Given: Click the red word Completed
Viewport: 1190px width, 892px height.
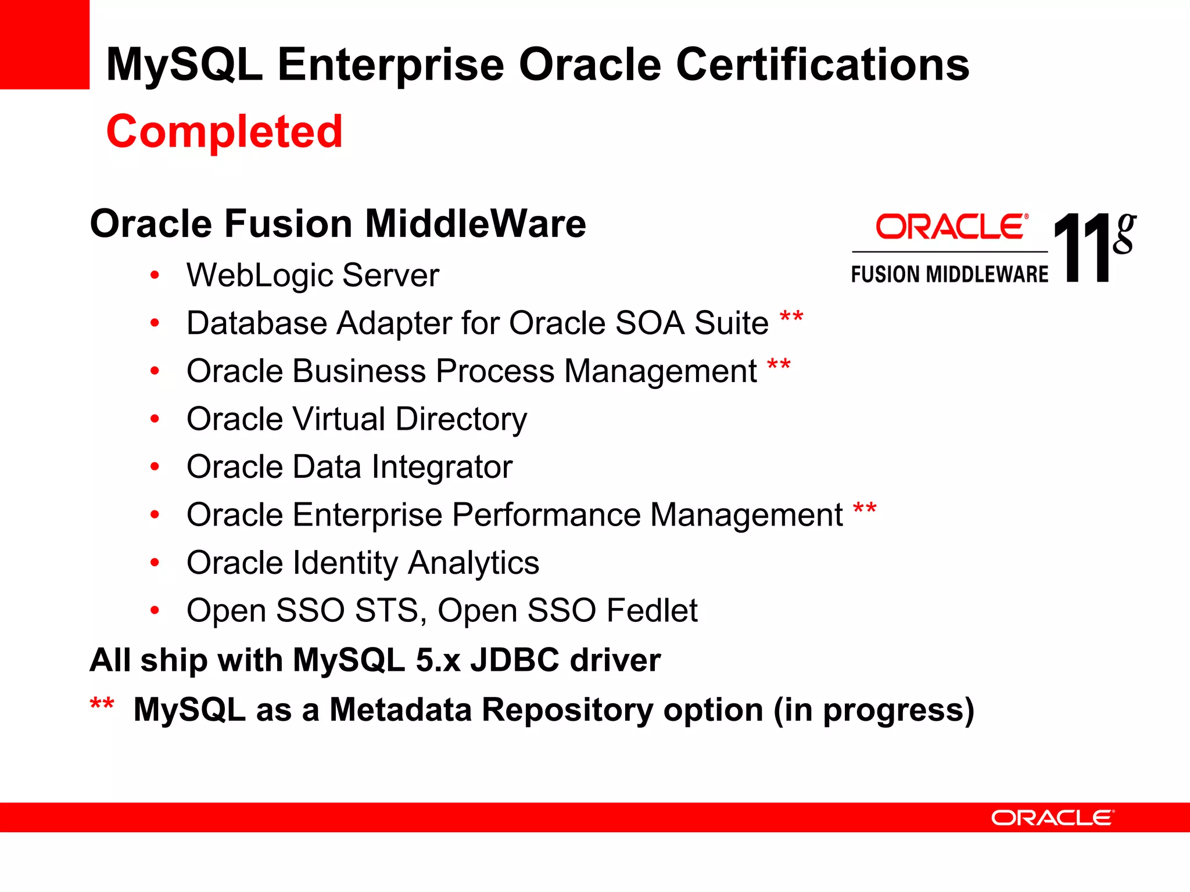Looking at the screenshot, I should click(x=224, y=132).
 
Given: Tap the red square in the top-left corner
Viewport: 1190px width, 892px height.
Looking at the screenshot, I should click(x=44, y=44).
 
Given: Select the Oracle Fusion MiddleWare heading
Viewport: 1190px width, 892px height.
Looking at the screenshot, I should click(x=338, y=224).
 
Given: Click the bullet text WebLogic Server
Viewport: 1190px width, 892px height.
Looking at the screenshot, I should click(x=313, y=275).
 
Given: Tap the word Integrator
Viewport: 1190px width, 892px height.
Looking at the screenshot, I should click(x=442, y=467).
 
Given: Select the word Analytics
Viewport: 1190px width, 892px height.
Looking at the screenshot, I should click(x=473, y=563).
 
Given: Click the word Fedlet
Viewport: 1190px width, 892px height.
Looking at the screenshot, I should click(x=652, y=611).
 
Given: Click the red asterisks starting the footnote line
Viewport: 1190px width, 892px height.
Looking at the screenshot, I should click(x=102, y=704).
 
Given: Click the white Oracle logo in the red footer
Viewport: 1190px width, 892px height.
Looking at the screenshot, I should click(x=1052, y=818).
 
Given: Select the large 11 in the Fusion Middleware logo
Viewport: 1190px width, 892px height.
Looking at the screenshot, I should click(x=1081, y=248).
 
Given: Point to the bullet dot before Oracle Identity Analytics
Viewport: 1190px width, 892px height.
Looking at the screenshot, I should click(x=155, y=562).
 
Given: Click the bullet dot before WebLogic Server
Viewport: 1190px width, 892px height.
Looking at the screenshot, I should click(x=155, y=275).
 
